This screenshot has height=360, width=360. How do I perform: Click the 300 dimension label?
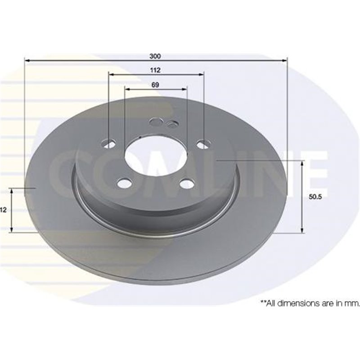tap(155, 57)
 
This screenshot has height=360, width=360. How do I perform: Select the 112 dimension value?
tap(155, 70)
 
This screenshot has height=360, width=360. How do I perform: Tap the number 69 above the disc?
tap(155, 85)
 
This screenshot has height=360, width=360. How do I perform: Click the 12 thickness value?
tap(3, 210)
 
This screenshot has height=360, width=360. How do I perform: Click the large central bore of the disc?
tap(155, 155)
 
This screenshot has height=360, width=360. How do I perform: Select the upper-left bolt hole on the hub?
tap(109, 144)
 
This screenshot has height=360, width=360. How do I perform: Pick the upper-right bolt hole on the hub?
tap(203, 145)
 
